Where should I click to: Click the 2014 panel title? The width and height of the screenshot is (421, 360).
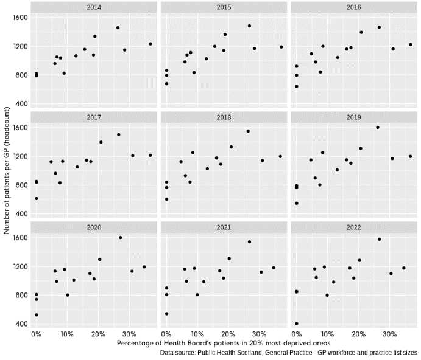(93, 7)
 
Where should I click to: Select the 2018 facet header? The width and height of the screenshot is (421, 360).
(224, 117)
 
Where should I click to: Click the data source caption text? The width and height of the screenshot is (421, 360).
(289, 353)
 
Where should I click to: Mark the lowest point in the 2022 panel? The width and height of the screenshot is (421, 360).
(297, 324)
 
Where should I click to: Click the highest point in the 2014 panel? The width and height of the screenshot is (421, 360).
(118, 27)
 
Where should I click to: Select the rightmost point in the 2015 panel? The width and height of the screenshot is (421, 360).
(281, 47)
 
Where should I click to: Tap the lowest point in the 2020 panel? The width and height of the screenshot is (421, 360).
(37, 315)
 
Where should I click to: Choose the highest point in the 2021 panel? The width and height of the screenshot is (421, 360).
(249, 241)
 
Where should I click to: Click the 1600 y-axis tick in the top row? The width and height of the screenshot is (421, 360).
(20, 18)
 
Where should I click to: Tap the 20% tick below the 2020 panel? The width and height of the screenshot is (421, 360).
(98, 334)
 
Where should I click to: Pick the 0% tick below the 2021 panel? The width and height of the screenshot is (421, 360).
(166, 334)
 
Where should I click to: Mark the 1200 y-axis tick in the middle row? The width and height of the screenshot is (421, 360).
(20, 156)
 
